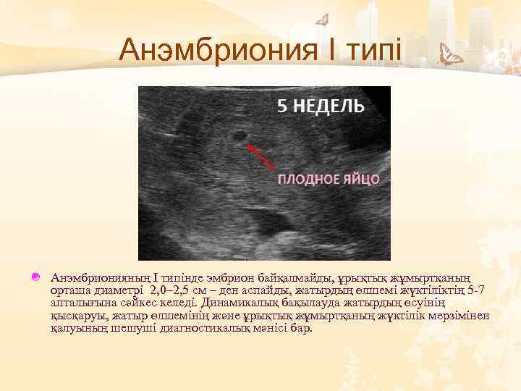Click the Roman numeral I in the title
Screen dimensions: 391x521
pos(323,51)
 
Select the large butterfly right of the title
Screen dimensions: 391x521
pos(452,56)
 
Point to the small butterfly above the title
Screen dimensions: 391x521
pos(323,20)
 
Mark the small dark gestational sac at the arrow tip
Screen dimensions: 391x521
pos(237,135)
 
